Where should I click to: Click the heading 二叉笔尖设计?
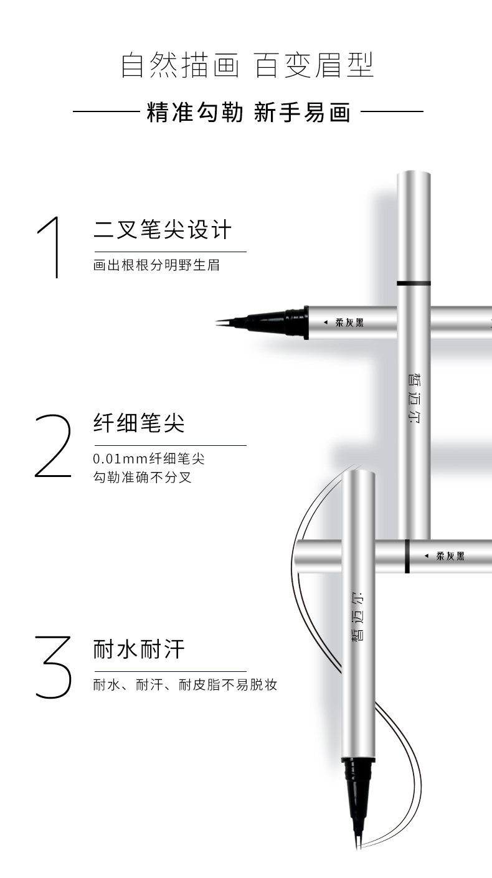pos(162,230)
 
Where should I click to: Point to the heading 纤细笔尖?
pos(139,424)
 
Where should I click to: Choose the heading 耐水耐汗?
pos(139,649)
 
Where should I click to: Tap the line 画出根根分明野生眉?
pos(156,265)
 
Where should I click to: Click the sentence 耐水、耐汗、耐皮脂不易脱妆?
pos(184,685)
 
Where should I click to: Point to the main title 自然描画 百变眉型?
pos(247,67)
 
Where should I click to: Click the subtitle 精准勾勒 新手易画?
pos(248,113)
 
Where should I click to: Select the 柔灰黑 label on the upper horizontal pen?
pos(349,323)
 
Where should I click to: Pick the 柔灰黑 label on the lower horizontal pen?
pos(450,556)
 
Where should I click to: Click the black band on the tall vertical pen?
pos(414,283)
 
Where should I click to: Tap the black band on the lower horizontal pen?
pos(407,556)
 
